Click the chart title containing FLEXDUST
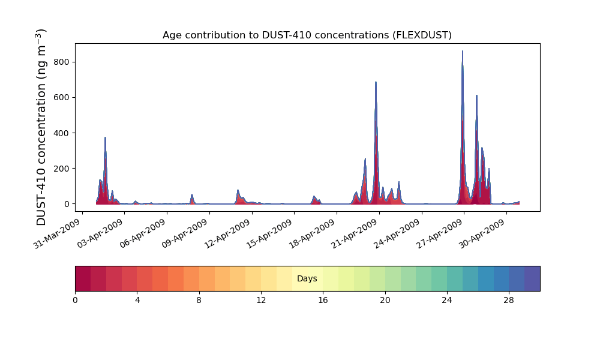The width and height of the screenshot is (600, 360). pos(307,35)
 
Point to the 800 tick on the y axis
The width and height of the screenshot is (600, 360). pos(62,62)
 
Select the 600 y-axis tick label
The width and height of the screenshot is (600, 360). pos(62,98)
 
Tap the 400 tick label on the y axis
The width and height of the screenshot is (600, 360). pos(62,133)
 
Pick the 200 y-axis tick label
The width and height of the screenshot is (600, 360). pos(62,169)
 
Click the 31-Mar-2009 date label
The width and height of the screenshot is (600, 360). pos(58,234)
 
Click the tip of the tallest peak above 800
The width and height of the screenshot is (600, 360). pos(462,51)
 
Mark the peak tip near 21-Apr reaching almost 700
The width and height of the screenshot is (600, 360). pos(376,82)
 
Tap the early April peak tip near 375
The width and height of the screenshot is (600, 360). pos(105,137)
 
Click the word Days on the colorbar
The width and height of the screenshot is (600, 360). pos(307,278)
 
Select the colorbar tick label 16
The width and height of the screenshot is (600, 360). pos(323,301)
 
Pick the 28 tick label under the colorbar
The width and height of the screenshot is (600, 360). pos(509,301)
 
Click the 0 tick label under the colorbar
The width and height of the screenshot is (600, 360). pos(75,301)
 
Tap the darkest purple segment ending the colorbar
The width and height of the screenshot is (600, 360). pos(532,278)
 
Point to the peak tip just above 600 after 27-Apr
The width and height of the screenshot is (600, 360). pos(476,95)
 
